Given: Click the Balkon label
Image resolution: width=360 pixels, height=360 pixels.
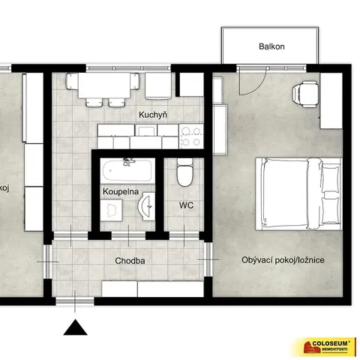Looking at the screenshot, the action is pos(271,46).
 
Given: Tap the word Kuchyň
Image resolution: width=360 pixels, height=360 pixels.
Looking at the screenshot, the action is pos(153,115).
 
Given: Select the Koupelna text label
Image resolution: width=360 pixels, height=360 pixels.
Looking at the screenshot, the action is pos(121,192).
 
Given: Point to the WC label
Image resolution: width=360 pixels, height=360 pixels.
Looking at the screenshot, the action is pos(186,205).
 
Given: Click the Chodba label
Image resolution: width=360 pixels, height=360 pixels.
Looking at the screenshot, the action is pos(130,261).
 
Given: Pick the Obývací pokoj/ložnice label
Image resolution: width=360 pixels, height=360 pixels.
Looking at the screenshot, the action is pos(283,260).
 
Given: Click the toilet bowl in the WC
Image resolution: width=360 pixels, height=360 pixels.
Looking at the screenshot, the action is pos(184,173).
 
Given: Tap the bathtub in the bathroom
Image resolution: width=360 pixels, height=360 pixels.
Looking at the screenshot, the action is pos(127,171).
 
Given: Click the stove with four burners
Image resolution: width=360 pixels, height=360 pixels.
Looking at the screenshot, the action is pos(191,136).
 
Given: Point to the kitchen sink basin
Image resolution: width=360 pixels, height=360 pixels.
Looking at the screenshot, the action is pos(146,131).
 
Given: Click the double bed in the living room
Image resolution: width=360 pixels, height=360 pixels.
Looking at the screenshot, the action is pos(298,193).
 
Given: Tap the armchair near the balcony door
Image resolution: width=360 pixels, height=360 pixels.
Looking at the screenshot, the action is pos(305,94).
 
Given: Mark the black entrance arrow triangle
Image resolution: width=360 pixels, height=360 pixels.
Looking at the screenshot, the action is pos(75,327).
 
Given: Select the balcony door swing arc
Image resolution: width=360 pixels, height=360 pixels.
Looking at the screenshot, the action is pos(260,87).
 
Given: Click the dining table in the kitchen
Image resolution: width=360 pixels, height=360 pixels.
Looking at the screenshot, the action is pos(104,85).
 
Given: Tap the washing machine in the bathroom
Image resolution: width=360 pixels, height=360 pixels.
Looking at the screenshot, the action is pos(111,210).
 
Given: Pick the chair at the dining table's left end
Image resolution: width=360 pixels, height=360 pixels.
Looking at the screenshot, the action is pos(72,81).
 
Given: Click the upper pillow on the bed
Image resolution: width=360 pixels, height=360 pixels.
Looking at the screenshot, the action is pos(331,178).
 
